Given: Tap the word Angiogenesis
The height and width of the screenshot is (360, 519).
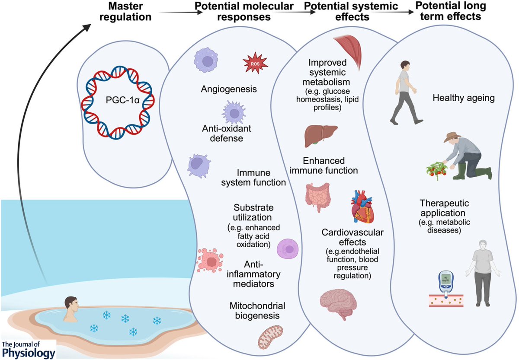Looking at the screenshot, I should pyautogui.click(x=229, y=89).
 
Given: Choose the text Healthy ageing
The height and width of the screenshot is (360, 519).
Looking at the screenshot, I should pyautogui.click(x=463, y=98).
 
